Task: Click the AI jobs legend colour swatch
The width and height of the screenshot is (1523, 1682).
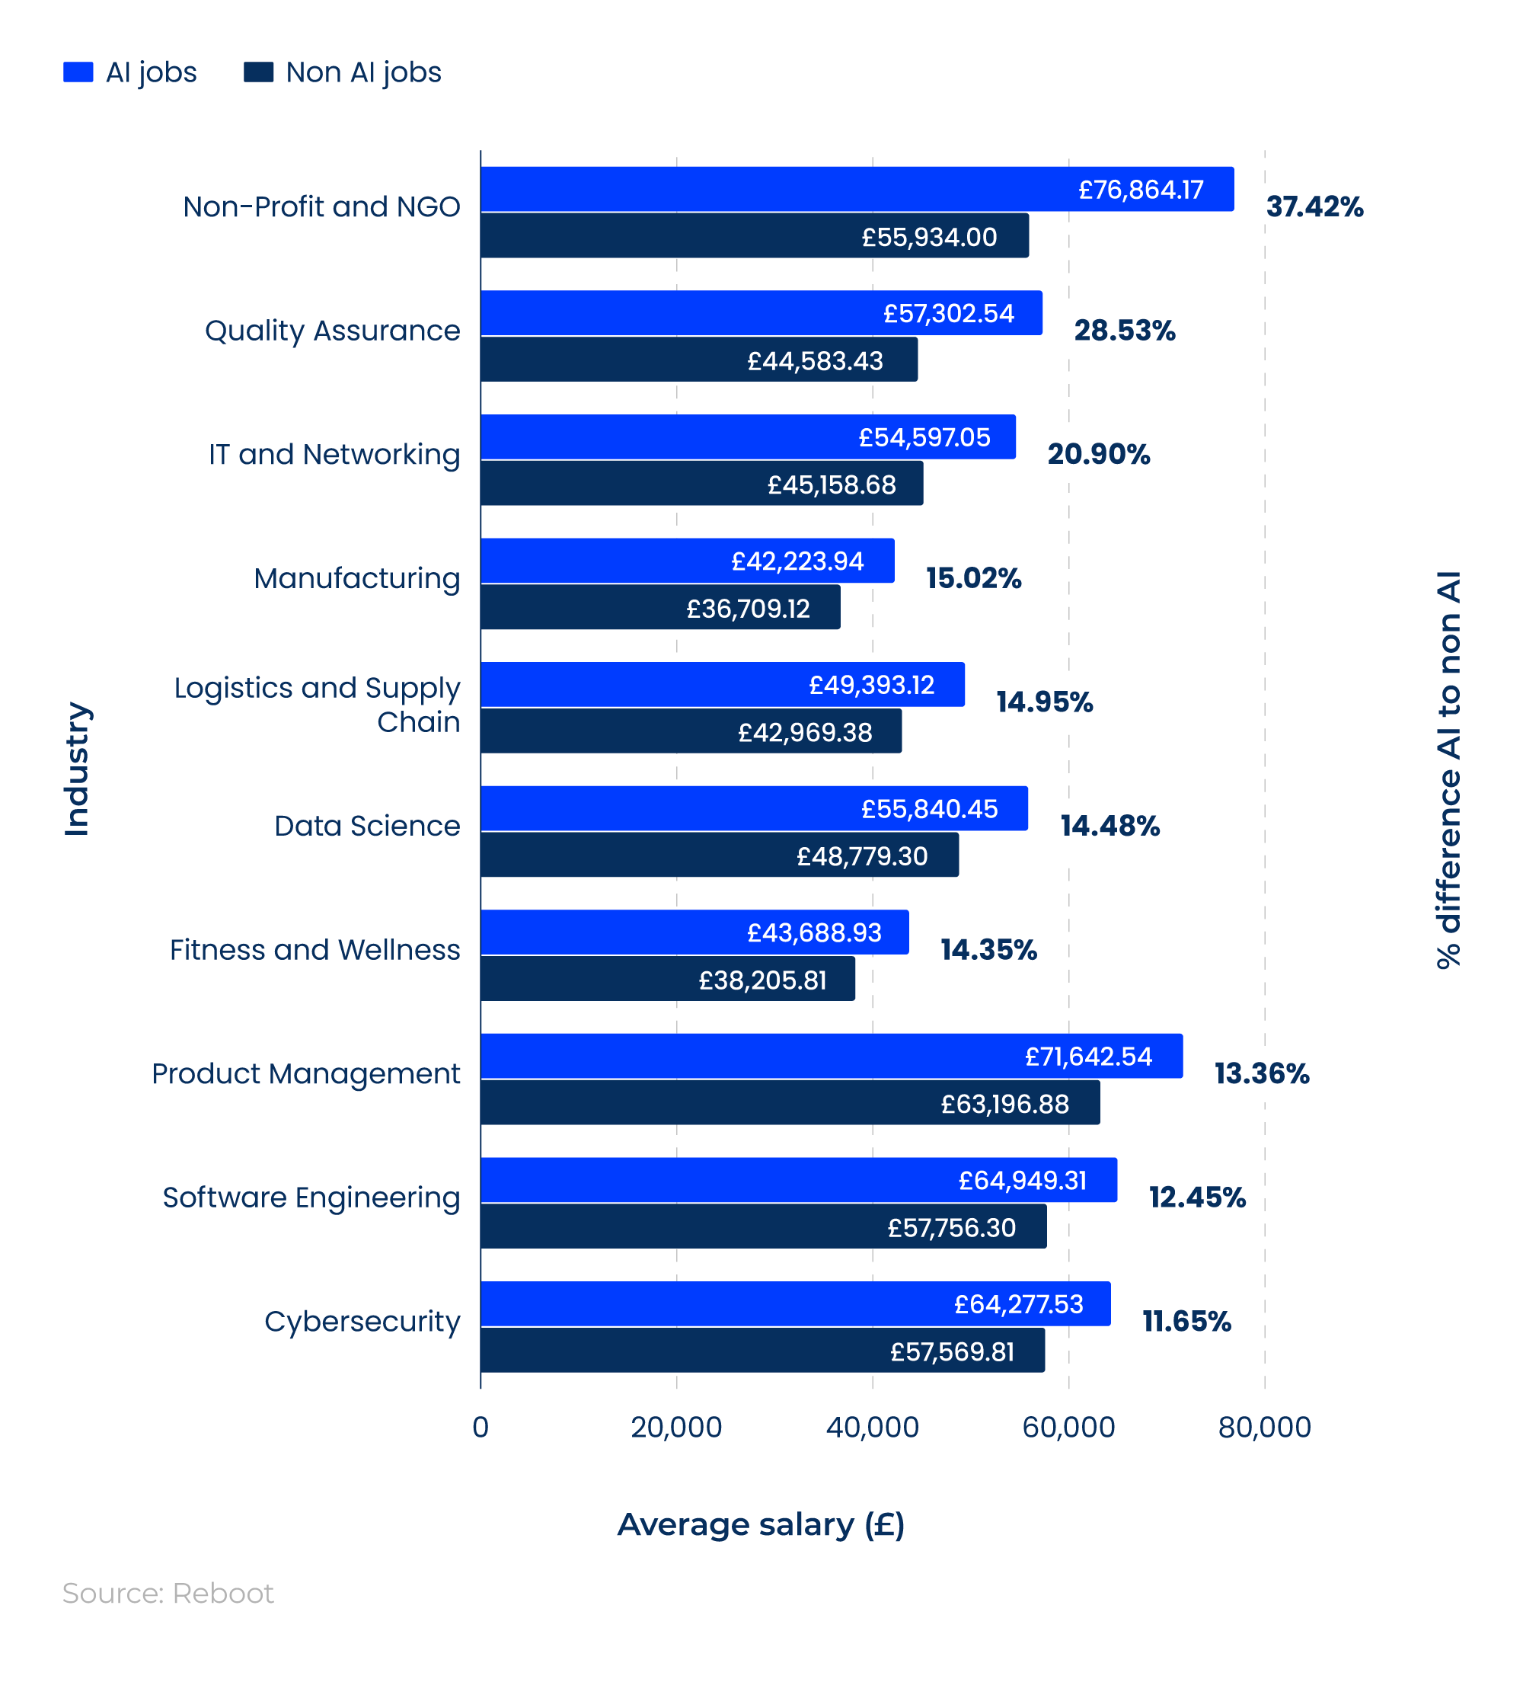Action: pos(78,72)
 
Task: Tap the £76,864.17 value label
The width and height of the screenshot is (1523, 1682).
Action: pos(1140,190)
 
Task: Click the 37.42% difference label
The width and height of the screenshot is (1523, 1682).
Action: pos(1314,207)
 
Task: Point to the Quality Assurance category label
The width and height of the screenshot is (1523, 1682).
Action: pos(332,331)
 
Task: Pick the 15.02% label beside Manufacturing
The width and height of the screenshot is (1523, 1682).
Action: pos(972,578)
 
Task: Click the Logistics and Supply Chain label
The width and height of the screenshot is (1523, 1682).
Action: pos(317,705)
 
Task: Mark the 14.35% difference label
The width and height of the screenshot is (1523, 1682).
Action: pos(988,949)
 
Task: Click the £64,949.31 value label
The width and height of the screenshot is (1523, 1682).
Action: pos(1022,1181)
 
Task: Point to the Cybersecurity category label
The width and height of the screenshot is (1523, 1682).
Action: pos(362,1322)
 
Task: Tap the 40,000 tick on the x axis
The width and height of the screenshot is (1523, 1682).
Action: pos(872,1428)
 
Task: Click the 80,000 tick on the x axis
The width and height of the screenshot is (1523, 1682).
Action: pos(1263,1428)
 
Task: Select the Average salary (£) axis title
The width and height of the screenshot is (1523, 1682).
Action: pos(760,1524)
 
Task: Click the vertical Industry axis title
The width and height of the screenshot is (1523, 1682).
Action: pos(77,769)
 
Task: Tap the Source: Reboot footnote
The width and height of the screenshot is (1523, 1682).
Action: pos(168,1594)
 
